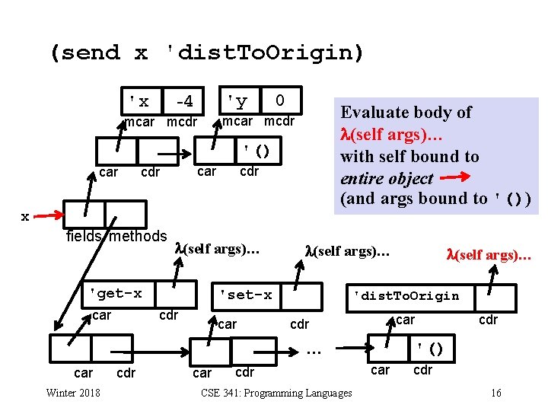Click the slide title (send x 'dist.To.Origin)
tap(207, 53)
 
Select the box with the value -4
tap(183, 100)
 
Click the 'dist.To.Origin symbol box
tap(403, 295)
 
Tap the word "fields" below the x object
tap(85, 237)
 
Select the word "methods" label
tap(139, 237)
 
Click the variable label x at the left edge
tap(25, 217)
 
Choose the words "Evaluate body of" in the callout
tap(406, 113)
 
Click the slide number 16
tap(495, 393)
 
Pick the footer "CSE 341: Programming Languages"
tap(276, 393)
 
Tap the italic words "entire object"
tap(387, 179)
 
